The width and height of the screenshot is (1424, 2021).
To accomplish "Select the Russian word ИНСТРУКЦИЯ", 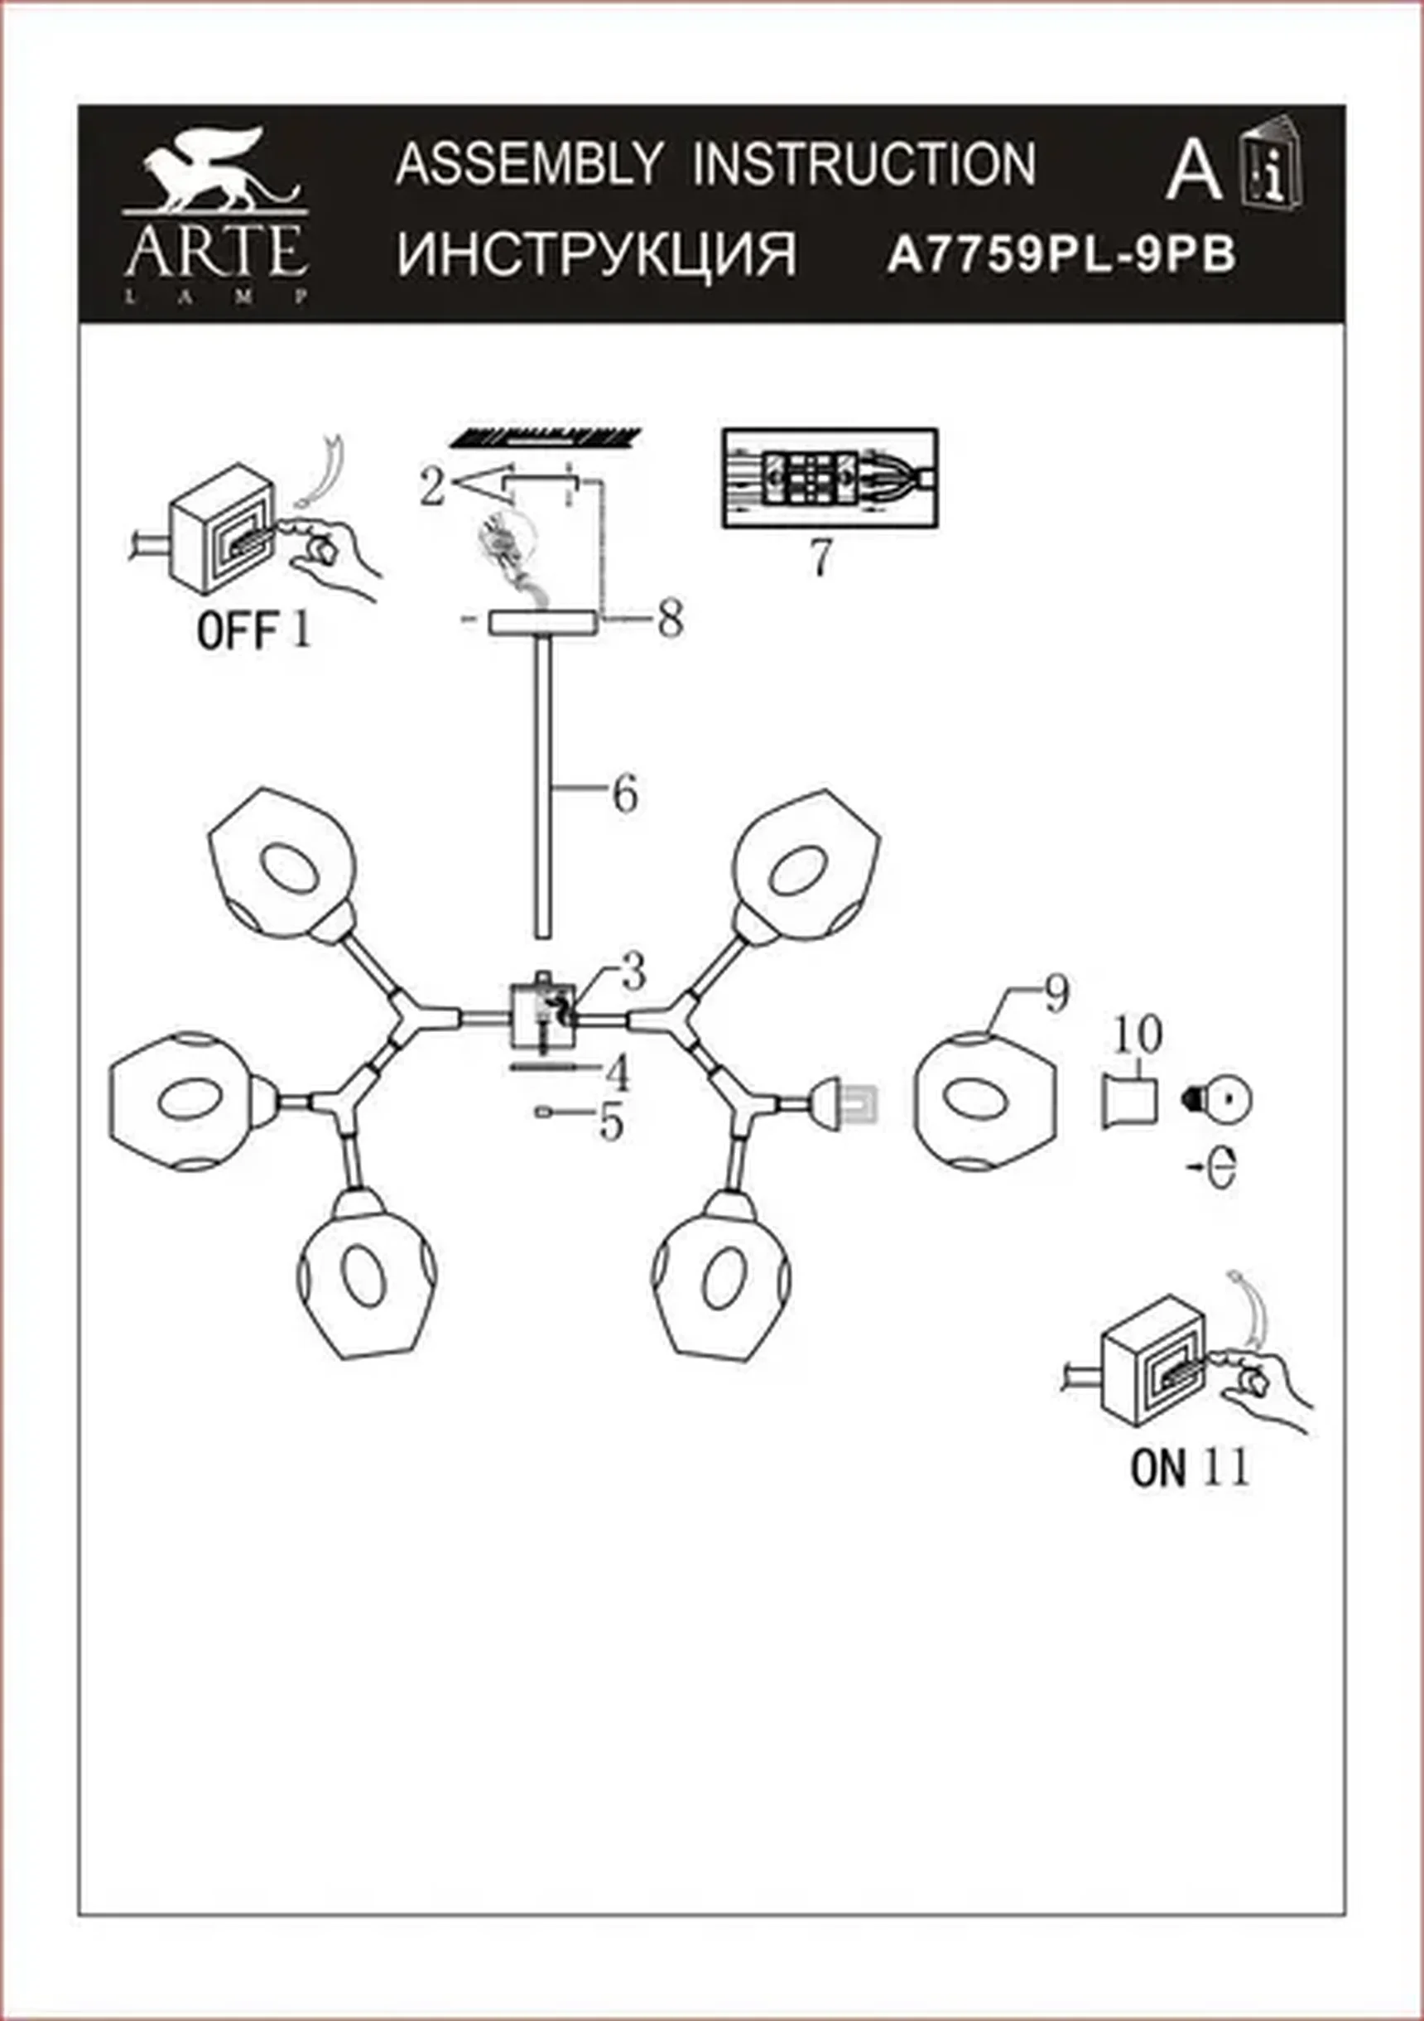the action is tap(597, 255).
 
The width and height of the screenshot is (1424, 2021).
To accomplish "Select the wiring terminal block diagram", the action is tap(830, 478).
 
